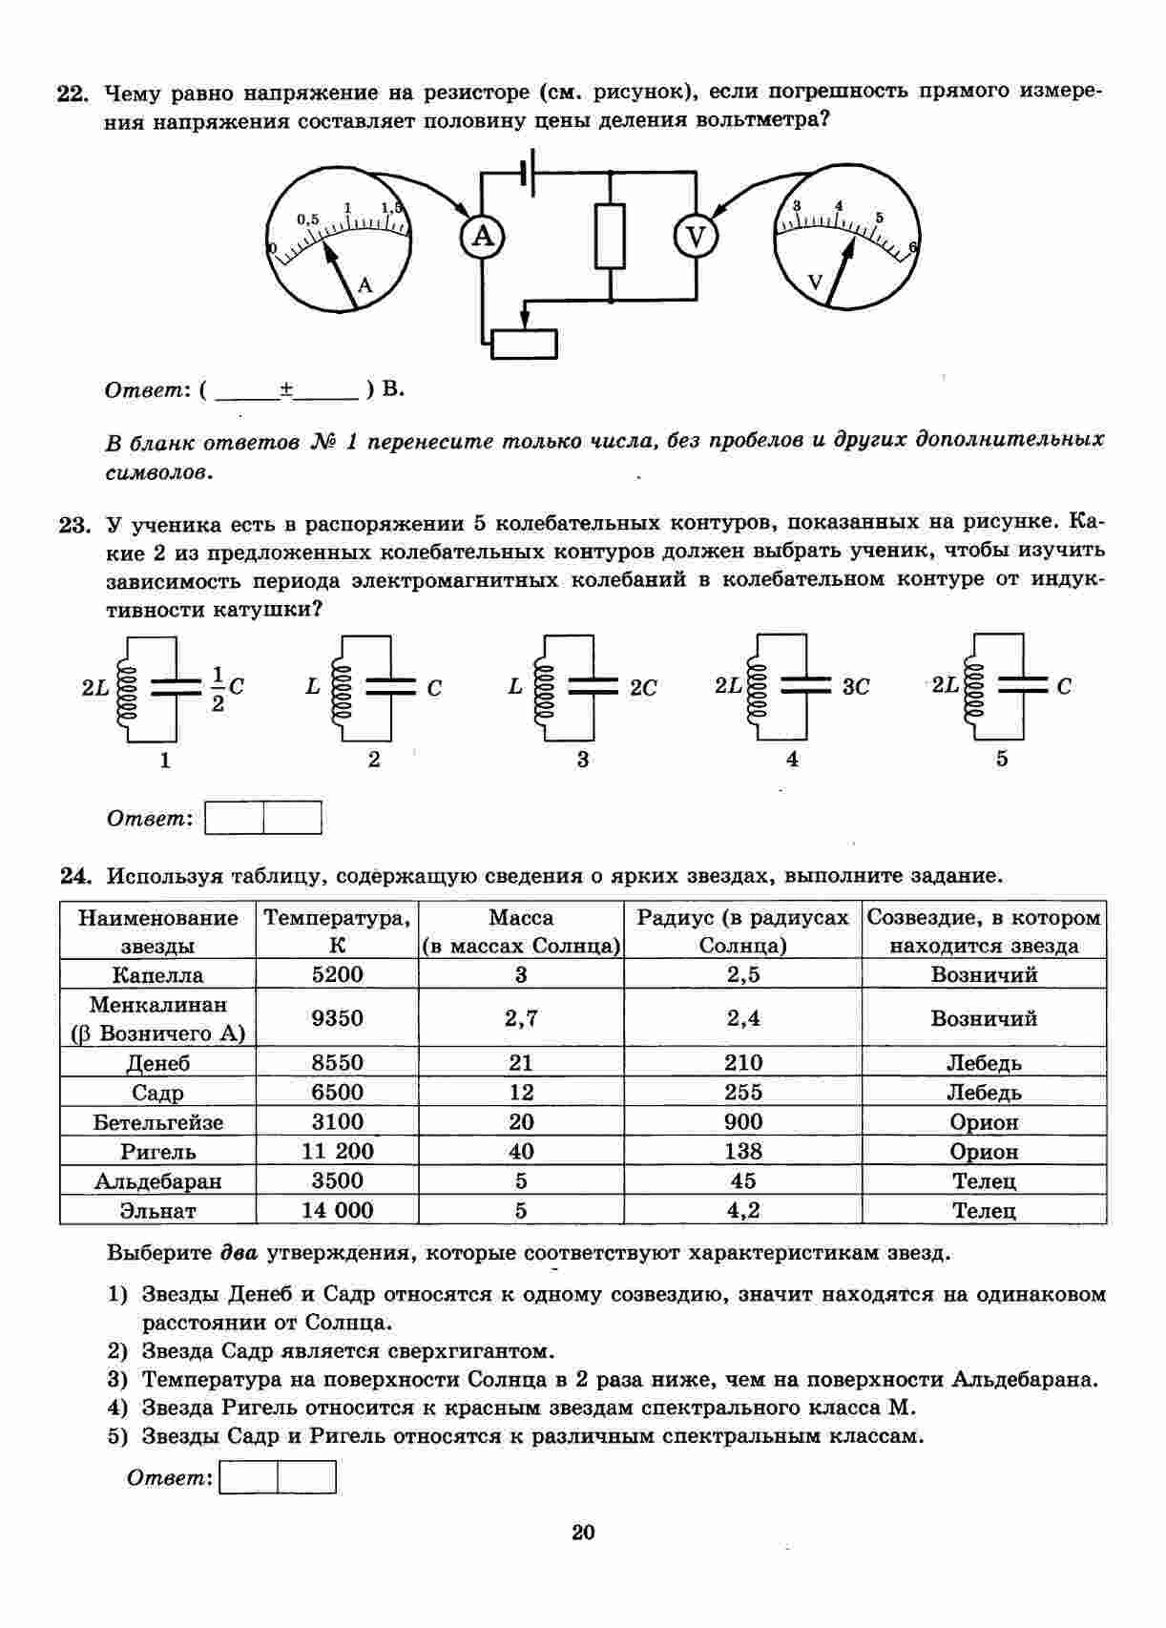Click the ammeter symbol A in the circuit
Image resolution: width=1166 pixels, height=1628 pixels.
pyautogui.click(x=483, y=236)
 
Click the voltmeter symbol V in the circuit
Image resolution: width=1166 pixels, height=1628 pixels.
pyautogui.click(x=696, y=236)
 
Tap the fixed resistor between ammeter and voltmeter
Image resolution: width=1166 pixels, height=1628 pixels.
pyautogui.click(x=610, y=236)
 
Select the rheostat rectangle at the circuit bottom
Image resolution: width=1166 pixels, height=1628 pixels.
pyautogui.click(x=524, y=344)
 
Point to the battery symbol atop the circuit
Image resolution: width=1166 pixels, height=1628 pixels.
pyautogui.click(x=527, y=171)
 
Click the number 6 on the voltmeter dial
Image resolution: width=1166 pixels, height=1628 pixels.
pyautogui.click(x=913, y=247)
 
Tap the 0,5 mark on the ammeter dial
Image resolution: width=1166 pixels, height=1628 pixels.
pyautogui.click(x=307, y=219)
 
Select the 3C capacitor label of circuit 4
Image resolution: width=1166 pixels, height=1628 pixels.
pyautogui.click(x=856, y=687)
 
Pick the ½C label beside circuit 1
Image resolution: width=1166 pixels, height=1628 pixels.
pyautogui.click(x=227, y=688)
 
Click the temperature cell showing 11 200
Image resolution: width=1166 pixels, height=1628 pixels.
pyautogui.click(x=338, y=1152)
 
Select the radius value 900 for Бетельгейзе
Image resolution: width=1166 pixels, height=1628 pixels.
pyautogui.click(x=743, y=1122)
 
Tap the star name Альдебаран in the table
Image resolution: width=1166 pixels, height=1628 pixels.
pyautogui.click(x=157, y=1181)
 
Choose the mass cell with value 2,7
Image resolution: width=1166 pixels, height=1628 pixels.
pyautogui.click(x=521, y=1018)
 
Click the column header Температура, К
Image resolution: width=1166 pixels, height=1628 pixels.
pyautogui.click(x=338, y=930)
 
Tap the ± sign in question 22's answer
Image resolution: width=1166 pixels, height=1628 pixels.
pyautogui.click(x=286, y=389)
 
